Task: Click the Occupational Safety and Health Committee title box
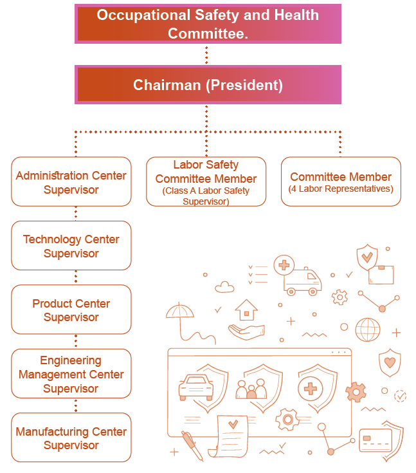tap(208, 24)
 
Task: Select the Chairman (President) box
tap(208, 85)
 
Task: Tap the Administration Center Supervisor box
tap(71, 181)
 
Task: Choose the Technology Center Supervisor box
tap(71, 246)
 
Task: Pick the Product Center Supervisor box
tap(71, 310)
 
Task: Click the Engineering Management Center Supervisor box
tap(71, 374)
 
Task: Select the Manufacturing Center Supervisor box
tap(71, 438)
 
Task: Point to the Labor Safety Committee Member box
tap(206, 181)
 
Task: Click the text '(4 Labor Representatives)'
tap(341, 189)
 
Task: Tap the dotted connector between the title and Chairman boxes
tap(206, 55)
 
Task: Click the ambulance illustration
tap(302, 281)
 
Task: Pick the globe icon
tap(368, 329)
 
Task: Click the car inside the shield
tap(196, 387)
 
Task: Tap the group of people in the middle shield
tap(251, 389)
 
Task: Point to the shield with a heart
tap(390, 362)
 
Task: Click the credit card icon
tap(375, 440)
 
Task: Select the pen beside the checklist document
tap(192, 445)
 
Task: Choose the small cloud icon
tap(224, 287)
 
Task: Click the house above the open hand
tap(247, 310)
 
